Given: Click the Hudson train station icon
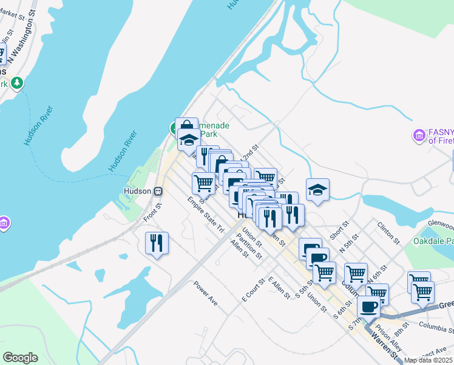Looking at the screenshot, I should click(158, 190).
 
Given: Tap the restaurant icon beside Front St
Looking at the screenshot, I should click(157, 243).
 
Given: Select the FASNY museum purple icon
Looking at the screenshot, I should click(418, 134).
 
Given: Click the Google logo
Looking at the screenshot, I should click(20, 358).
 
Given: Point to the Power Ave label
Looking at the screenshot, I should click(205, 292).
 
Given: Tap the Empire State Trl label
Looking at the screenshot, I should click(206, 215).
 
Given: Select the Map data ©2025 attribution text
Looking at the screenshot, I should click(429, 360).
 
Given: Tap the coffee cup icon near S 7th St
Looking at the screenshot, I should click(368, 307).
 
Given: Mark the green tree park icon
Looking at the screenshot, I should click(18, 82).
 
